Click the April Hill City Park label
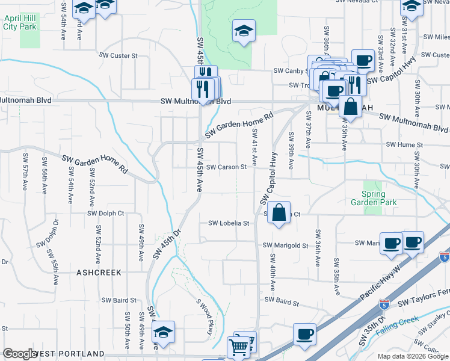coord(19,22)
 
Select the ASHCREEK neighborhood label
coord(99,273)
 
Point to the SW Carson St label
coord(226,167)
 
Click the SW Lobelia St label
coord(229,223)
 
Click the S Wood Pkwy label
coord(205,313)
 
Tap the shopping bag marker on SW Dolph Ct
coord(279,213)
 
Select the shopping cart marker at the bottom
coord(238,347)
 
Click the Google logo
coord(19,354)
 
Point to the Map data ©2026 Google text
coord(413,356)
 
